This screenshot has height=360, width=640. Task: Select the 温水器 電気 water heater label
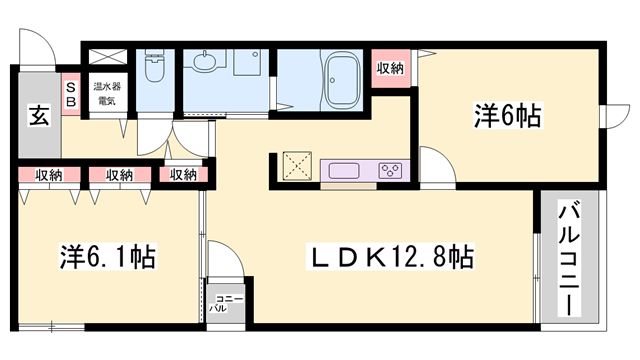106,93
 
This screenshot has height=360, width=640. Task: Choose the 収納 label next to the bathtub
390,68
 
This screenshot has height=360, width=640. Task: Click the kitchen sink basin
344,168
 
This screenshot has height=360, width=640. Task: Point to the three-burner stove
390,169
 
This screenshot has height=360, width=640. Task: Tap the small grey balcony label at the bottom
218,303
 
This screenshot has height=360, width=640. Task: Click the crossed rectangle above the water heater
104,58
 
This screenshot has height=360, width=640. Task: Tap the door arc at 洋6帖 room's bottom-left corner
436,163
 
